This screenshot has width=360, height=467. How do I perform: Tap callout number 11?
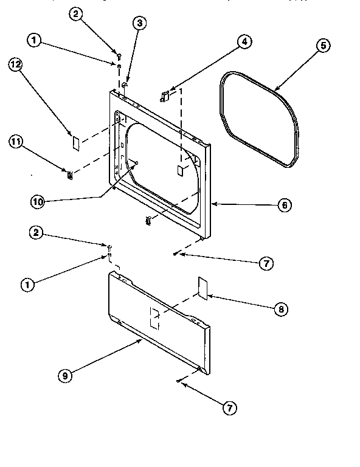(x=16, y=142)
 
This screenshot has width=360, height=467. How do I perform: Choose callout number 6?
(x=283, y=206)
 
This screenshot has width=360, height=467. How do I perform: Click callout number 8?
(x=280, y=309)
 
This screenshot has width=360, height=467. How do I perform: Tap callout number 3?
(x=140, y=24)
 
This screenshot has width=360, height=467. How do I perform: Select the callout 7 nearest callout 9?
(x=229, y=408)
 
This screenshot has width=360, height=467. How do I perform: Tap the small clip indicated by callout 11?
(x=71, y=176)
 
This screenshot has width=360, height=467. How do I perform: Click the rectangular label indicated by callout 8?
(x=202, y=288)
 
